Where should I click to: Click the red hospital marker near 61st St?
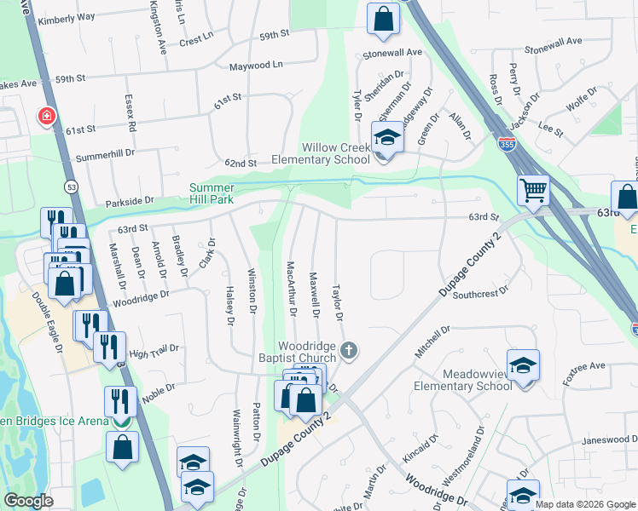46,116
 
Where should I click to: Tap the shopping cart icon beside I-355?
534,190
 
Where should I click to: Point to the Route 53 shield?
67,187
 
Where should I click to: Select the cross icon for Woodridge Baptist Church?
348,349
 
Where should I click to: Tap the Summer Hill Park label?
211,192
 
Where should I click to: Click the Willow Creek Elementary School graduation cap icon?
386,138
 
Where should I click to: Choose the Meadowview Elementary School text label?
464,380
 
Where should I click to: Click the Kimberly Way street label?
67,17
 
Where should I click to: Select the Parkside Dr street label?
130,202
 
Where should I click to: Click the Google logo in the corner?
28,501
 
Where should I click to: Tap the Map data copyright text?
584,504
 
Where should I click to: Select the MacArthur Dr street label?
291,289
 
